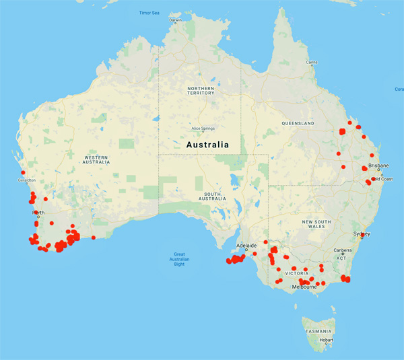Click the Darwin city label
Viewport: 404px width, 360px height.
pos(176,20)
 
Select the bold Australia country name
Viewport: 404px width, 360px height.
pos(205,145)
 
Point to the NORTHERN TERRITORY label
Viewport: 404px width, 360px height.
pos(201,92)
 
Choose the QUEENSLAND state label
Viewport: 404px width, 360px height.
pos(298,124)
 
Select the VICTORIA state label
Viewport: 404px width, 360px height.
pos(297,275)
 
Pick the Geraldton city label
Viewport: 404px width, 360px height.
pos(27,180)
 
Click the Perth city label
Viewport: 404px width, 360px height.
pos(38,213)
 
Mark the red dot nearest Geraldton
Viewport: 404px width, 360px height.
pos(23,173)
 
